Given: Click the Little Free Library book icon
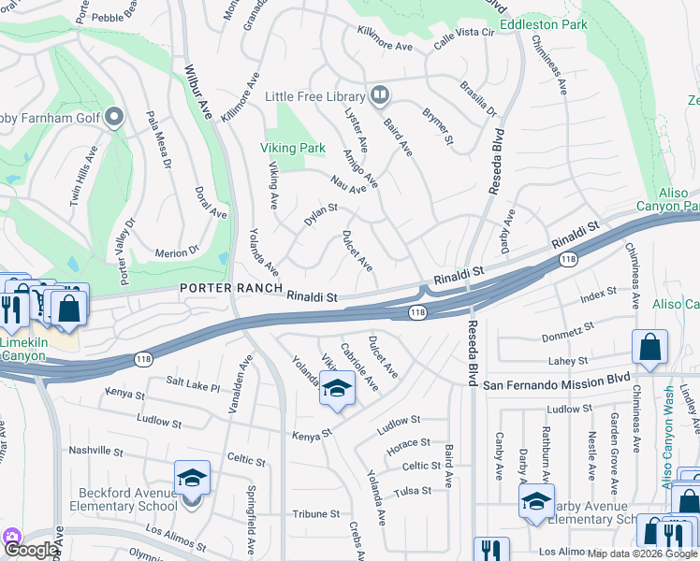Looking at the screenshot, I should coord(380,94).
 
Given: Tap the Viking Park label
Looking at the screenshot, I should coord(294,148).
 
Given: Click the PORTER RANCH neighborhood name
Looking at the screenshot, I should coord(225,289).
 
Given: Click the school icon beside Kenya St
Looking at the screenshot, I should coord(337,388).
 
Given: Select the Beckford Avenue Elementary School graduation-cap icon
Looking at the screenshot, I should coord(191,478).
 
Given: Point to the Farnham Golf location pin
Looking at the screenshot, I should coord(114,117).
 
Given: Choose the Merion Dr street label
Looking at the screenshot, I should coord(177,252).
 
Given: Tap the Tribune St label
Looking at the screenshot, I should coord(316,514).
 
